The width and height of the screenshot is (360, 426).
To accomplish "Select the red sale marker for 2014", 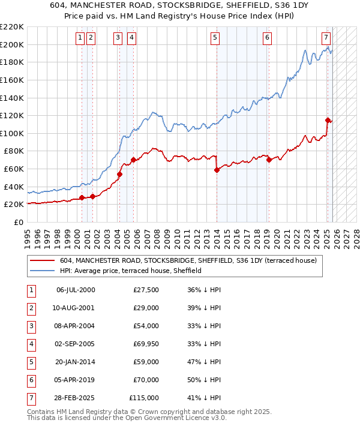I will click(x=217, y=170).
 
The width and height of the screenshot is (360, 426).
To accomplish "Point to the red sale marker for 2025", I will click(x=328, y=120).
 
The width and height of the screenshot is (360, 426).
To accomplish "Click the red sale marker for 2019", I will click(x=269, y=160).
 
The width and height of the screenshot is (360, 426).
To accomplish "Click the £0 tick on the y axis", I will click(x=18, y=222).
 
